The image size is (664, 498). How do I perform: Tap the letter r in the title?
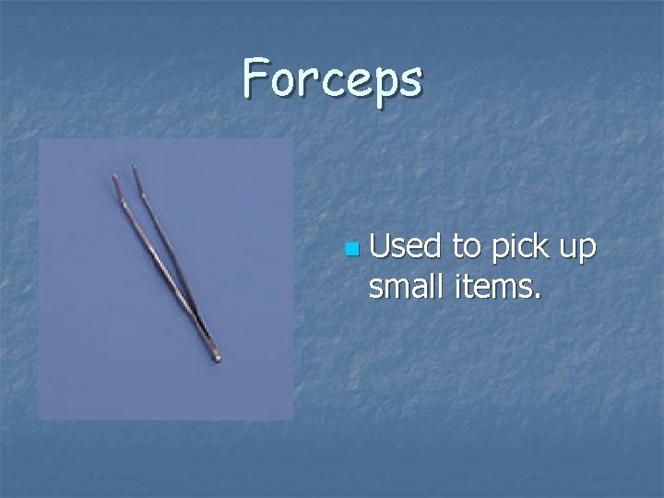[308, 81]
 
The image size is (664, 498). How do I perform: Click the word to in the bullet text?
[467, 248]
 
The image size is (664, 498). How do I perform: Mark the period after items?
[536, 298]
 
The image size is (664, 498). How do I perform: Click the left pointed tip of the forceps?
[114, 176]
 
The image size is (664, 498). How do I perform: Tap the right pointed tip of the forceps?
[135, 167]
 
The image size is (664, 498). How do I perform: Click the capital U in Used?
[378, 248]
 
